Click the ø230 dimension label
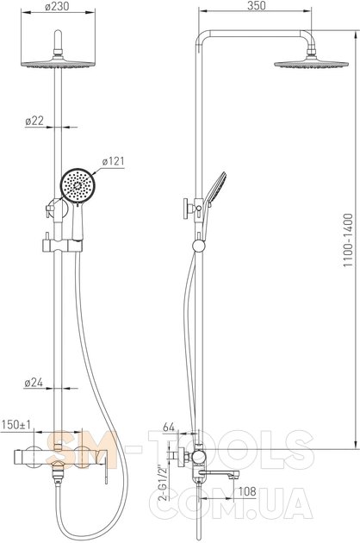coord(57,6)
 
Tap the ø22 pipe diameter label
coord(34,121)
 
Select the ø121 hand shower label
coord(113,161)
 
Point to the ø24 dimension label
coord(34,383)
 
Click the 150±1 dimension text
coord(16,425)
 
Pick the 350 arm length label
coord(257,5)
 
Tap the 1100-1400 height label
coord(348,240)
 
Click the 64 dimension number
coord(169,428)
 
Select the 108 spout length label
coord(247,491)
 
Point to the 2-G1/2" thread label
coord(163,483)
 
